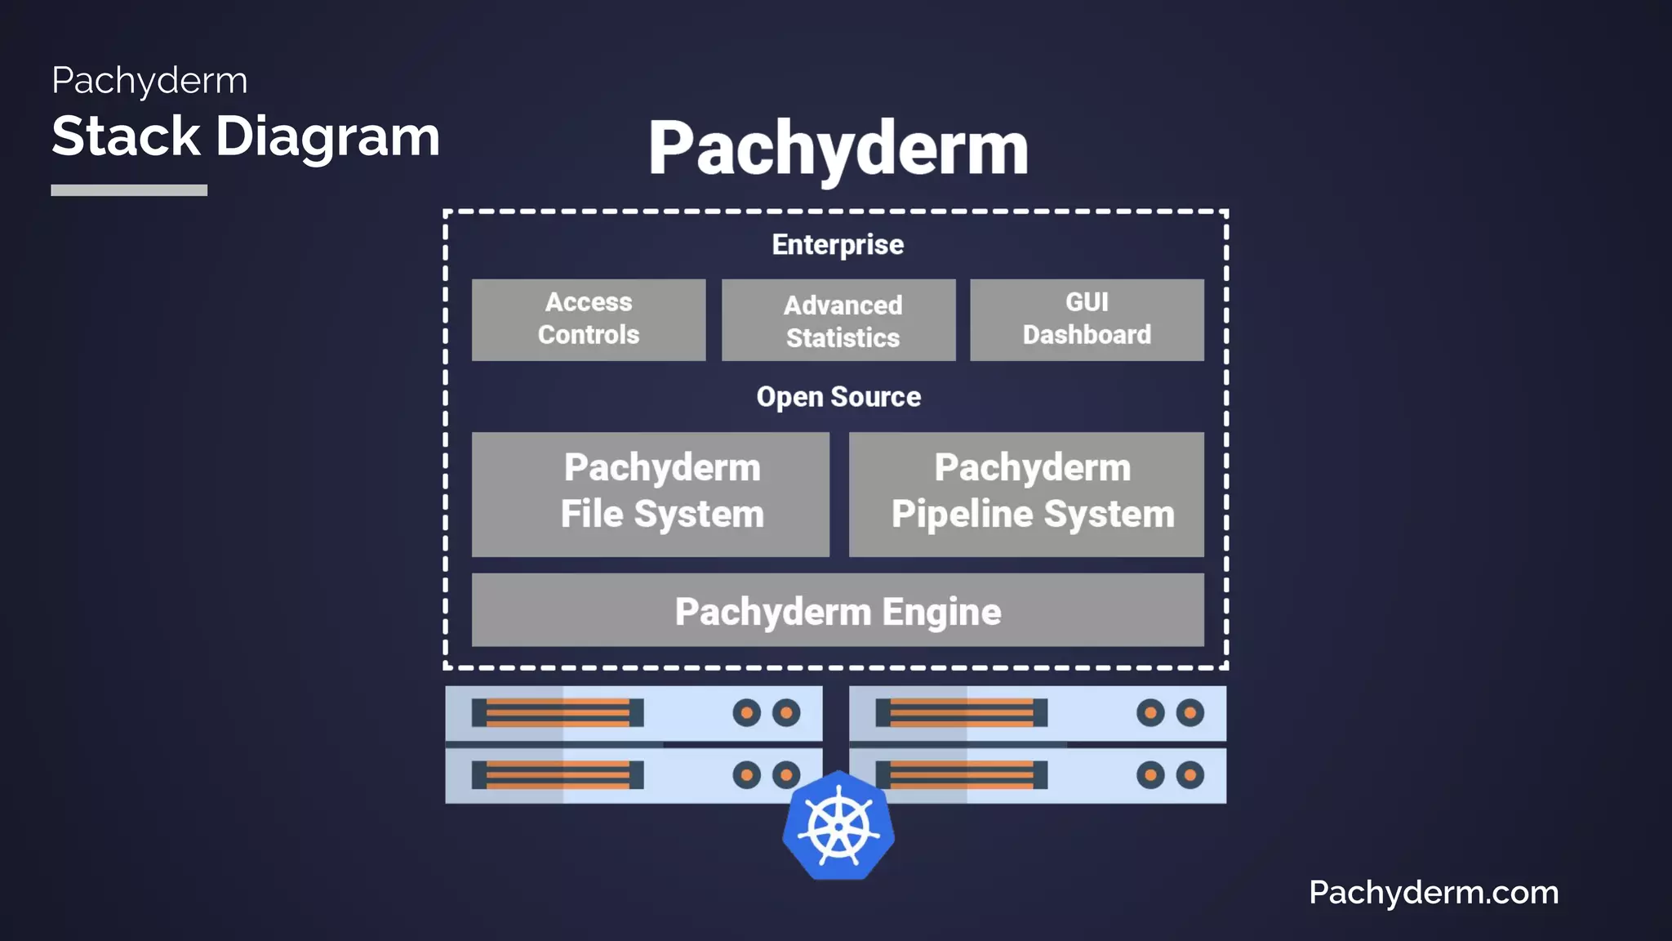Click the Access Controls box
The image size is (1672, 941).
[589, 319]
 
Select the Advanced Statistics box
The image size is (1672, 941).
[838, 320]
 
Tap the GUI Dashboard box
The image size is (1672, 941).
[1087, 319]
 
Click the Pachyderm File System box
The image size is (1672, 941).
[651, 494]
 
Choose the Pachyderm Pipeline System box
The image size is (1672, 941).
[1026, 494]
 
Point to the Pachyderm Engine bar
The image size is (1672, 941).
[838, 610]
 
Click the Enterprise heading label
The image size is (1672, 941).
[838, 244]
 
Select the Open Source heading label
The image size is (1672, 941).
[838, 397]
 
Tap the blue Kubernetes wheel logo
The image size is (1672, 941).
[838, 827]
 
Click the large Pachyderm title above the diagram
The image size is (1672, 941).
[838, 148]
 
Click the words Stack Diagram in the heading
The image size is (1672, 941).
[246, 136]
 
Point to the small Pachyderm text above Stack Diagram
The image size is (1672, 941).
[149, 80]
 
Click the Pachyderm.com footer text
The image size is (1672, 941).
[1434, 892]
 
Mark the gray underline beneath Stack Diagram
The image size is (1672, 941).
[129, 190]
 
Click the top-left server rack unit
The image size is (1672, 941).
[634, 713]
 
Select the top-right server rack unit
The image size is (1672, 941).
[1038, 713]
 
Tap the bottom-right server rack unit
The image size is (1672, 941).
[1038, 775]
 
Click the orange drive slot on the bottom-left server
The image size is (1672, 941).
[558, 775]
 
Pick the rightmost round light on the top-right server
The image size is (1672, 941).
[1190, 713]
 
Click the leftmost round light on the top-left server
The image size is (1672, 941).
[746, 713]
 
